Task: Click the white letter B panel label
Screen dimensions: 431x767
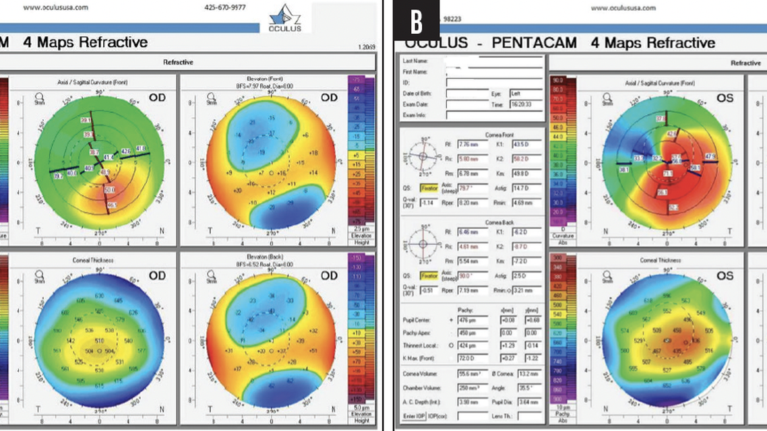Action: [417, 21]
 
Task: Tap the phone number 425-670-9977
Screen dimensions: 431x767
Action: [226, 8]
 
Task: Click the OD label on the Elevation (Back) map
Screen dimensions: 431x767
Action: [329, 276]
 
